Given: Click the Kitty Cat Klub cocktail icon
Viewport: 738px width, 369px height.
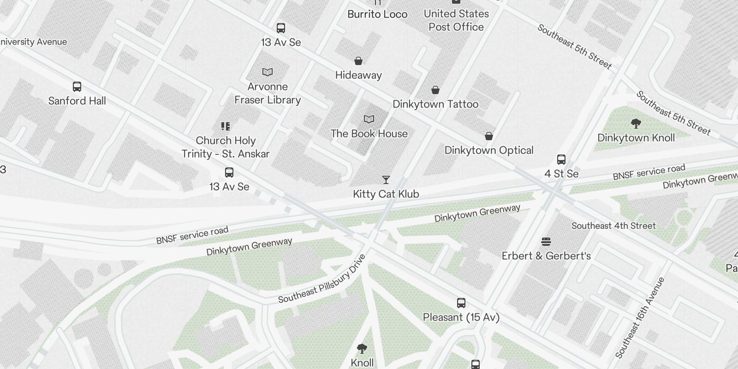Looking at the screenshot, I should coord(386,180).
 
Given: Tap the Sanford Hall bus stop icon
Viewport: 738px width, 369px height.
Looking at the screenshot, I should coord(77,87).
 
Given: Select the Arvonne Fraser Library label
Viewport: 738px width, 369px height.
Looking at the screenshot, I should coord(268,93).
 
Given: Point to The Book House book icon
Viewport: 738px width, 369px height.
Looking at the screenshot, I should coord(369,119).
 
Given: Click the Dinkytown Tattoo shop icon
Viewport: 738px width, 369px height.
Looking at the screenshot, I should coord(435,90).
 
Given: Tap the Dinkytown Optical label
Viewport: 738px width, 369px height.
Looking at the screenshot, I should coord(489,150).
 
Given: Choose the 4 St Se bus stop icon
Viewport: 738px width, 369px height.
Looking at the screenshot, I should coord(561,160).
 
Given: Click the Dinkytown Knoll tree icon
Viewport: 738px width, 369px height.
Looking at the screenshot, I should coord(636,123).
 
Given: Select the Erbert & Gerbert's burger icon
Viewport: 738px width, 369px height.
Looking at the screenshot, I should coord(546,242).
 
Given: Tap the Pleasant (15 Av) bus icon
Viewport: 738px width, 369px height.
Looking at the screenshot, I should coord(461,303).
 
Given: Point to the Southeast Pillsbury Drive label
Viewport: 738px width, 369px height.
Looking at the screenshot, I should coord(322,279).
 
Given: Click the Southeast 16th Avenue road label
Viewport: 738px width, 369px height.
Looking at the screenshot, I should coord(640,318).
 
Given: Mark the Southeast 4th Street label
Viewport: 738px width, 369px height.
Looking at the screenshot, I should coord(613,226).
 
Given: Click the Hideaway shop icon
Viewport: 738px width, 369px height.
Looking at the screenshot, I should coord(358,61).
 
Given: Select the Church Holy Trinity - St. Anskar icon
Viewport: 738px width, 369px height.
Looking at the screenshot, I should coord(226,126).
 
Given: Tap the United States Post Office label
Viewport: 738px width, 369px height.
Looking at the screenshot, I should coord(456,20).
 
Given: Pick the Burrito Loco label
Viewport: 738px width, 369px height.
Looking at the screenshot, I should coord(377,14).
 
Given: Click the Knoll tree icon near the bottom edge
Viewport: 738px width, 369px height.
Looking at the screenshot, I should coord(362,349).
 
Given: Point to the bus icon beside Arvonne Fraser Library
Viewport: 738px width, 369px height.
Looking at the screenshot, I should coord(281,28).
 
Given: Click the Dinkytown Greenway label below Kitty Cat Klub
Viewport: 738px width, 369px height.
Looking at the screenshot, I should coord(477,213).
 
